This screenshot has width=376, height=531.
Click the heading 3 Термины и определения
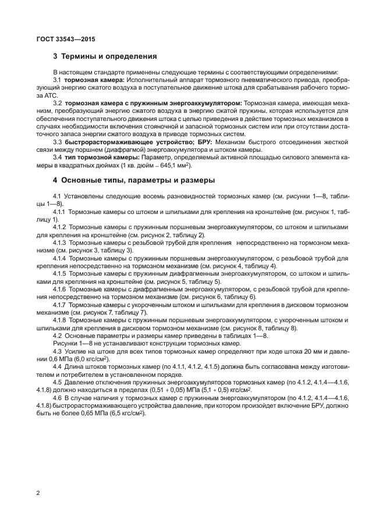click(105, 57)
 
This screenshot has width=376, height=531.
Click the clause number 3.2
click(58, 102)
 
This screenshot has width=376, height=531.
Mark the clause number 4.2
click(58, 336)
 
